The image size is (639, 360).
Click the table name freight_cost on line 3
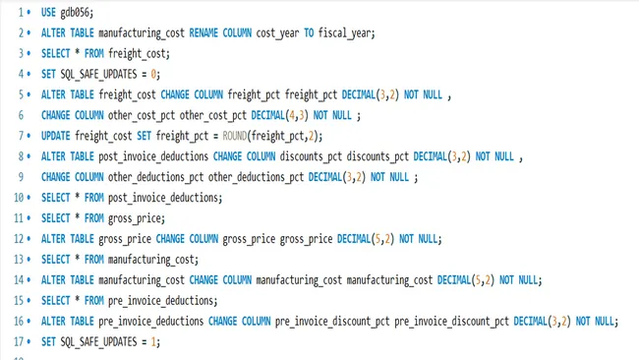tap(141, 53)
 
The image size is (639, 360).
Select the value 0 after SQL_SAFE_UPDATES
tap(154, 74)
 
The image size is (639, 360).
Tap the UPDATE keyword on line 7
tap(56, 136)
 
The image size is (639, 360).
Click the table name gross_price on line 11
tap(136, 218)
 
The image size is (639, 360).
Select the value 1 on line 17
tap(154, 342)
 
